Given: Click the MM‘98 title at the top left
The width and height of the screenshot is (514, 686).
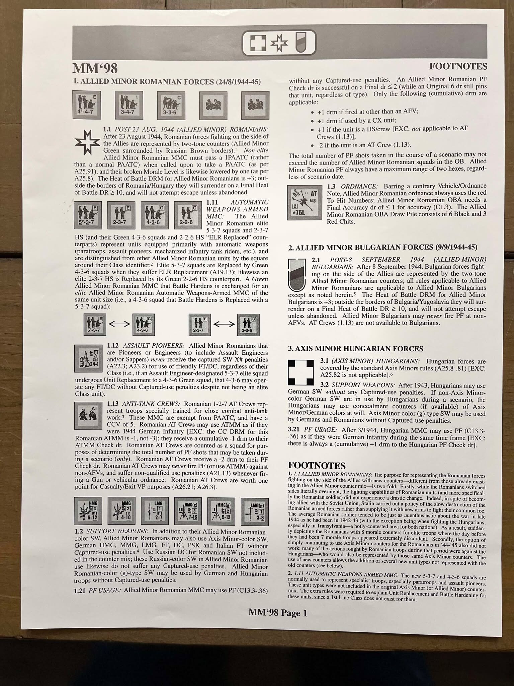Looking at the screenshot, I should click(95, 68).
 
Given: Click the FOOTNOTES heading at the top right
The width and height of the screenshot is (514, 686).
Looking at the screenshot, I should click(458, 66).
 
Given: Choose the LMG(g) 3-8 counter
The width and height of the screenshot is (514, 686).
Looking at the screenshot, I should click(256, 511).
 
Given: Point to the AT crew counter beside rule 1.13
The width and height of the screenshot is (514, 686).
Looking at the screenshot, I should click(88, 415).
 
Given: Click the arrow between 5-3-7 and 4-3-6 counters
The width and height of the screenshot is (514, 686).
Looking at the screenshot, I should click(119, 324).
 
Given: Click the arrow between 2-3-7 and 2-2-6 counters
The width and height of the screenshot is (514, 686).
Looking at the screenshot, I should click(225, 324).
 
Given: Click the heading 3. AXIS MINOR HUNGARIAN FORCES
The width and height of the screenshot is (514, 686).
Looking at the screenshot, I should click(356, 349).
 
